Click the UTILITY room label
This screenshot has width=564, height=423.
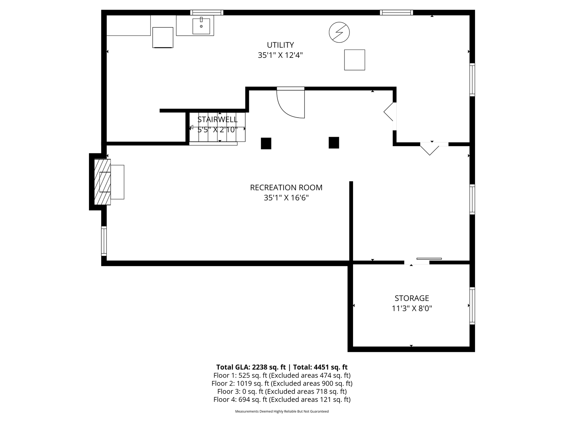pyautogui.click(x=280, y=45)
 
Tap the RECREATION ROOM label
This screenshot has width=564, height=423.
pyautogui.click(x=286, y=187)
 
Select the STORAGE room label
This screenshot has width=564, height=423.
pyautogui.click(x=412, y=298)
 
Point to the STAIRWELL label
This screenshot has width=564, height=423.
pyautogui.click(x=217, y=119)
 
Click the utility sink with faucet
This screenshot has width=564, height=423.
pyautogui.click(x=201, y=26)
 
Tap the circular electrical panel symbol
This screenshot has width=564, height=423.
pyautogui.click(x=339, y=32)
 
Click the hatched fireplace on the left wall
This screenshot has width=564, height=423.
pyautogui.click(x=102, y=182)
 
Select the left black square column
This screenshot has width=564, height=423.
pyautogui.click(x=266, y=143)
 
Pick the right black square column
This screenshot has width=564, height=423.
pyautogui.click(x=334, y=143)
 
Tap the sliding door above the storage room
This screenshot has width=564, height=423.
pyautogui.click(x=429, y=258)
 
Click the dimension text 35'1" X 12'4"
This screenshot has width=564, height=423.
pyautogui.click(x=280, y=55)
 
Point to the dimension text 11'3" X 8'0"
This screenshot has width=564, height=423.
pyautogui.click(x=412, y=308)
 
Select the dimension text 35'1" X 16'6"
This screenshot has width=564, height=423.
pyautogui.click(x=286, y=198)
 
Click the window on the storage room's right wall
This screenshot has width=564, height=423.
pyautogui.click(x=472, y=306)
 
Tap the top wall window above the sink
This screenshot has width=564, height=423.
pyautogui.click(x=207, y=13)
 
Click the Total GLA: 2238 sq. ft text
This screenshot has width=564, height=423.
pyautogui.click(x=251, y=367)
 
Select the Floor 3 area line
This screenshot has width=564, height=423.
pyautogui.click(x=282, y=392)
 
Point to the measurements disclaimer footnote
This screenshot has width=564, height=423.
pyautogui.click(x=282, y=411)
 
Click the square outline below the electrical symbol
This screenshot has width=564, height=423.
pyautogui.click(x=354, y=60)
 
